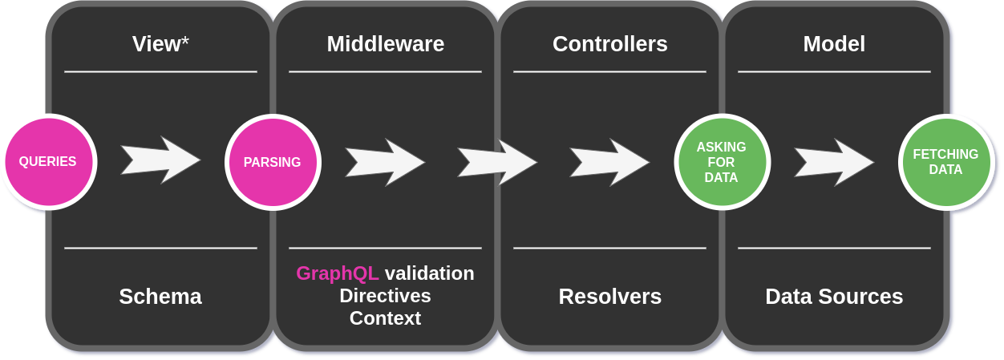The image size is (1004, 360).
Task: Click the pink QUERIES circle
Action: [x=48, y=162]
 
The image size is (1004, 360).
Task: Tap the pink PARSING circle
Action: [x=273, y=162]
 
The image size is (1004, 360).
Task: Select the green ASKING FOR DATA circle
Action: [x=722, y=162]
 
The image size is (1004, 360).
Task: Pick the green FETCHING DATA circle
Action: [x=946, y=162]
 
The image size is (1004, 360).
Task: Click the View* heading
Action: [x=160, y=44]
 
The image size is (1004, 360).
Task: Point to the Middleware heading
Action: [x=385, y=44]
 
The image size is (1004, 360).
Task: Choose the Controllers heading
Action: [x=609, y=44]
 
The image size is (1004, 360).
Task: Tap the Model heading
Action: [x=834, y=44]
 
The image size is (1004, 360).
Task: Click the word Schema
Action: [x=160, y=297]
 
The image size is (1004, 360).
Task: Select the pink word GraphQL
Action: [x=337, y=273]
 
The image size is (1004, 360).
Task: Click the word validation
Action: [x=429, y=273]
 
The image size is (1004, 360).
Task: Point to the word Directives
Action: [x=385, y=296]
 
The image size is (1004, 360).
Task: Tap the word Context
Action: [x=385, y=318]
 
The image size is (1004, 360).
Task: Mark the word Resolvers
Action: [x=609, y=297]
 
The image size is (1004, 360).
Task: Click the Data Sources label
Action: [x=834, y=297]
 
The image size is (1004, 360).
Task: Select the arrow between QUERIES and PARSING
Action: [x=160, y=160]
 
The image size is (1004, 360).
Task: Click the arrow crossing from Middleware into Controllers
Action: [x=497, y=163]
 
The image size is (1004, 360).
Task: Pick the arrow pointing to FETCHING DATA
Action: [x=834, y=163]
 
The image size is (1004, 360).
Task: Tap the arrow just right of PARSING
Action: [x=385, y=163]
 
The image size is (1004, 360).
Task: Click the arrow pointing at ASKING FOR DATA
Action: [x=609, y=163]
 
